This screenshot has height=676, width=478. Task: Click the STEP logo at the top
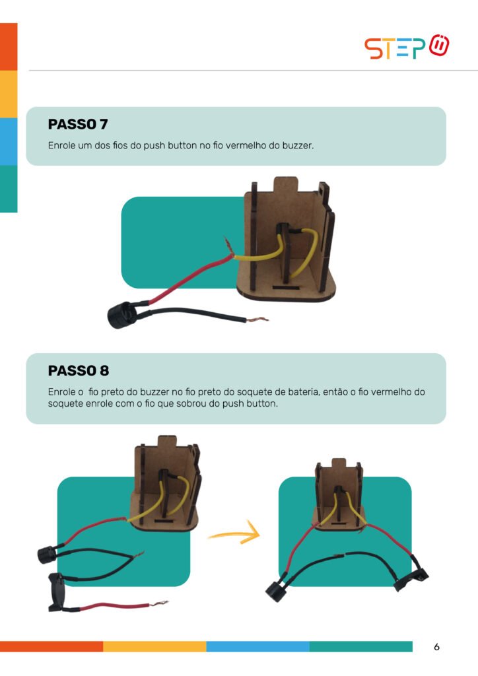[x=407, y=47]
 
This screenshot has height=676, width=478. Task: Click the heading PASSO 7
[x=78, y=124]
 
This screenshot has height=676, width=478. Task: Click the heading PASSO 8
[x=79, y=370]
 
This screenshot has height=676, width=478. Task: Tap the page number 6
[x=436, y=647]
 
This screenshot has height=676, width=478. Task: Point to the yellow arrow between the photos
[x=235, y=533]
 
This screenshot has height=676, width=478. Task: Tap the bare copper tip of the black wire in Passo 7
[x=257, y=320]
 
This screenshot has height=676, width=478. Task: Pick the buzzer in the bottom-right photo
[x=276, y=591]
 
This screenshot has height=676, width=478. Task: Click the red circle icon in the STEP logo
[x=439, y=45]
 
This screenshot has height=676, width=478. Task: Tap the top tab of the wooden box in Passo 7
[x=286, y=184]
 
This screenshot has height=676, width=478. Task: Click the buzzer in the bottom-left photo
[x=47, y=555]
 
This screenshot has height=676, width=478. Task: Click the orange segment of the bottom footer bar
[x=51, y=646]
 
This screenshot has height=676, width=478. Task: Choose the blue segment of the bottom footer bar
[x=257, y=646]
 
